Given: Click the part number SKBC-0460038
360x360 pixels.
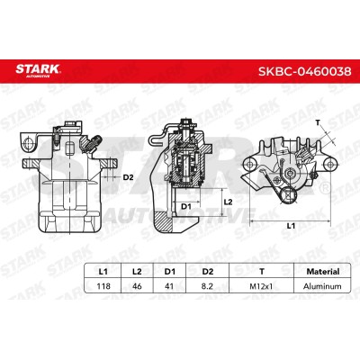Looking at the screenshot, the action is coord(305,71).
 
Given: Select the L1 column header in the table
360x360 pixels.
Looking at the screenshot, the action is coord(103,272).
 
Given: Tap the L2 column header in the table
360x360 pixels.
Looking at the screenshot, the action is coord(137,272).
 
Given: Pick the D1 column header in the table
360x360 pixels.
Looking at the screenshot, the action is coord(169,272).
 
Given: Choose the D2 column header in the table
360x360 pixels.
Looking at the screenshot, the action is coord(207,272).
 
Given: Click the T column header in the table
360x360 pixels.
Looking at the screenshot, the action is coord(262,272).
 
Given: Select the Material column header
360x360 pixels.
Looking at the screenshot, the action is coord(323,272).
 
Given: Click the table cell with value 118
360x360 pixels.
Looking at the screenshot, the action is coord(103,286).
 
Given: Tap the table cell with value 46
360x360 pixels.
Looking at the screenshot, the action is coord(137,286).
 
